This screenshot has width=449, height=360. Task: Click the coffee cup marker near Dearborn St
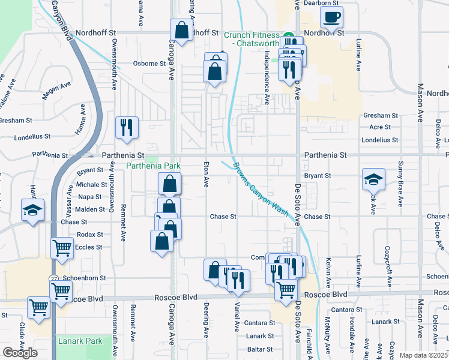331,17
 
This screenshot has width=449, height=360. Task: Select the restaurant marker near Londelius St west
127,128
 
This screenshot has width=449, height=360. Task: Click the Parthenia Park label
154,166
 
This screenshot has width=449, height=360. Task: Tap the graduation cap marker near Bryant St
373,179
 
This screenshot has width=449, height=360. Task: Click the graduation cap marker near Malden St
32,210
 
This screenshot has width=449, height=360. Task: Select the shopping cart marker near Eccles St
62,248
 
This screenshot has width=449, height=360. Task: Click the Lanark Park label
80,341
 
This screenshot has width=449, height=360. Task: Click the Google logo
20,353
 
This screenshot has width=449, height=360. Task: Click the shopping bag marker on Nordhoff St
181,30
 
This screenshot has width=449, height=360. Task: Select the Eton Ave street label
206,175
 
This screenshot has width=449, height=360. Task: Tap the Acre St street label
380,127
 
